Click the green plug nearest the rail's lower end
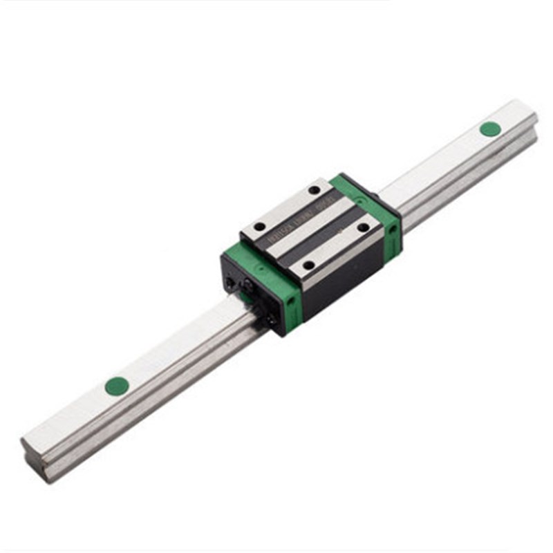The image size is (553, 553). [117, 386]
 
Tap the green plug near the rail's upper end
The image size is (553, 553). [489, 129]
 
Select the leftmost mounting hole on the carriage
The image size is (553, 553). [259, 226]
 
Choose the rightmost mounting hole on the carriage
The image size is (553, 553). [363, 227]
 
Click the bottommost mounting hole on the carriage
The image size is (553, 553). [308, 264]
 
